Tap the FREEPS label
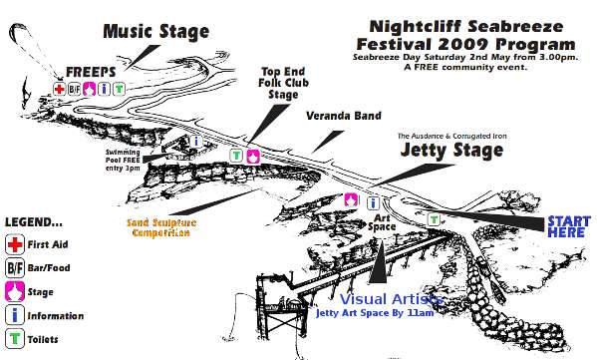(91, 73)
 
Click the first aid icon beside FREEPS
(60, 89)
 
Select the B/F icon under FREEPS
(74, 89)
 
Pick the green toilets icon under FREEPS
(119, 89)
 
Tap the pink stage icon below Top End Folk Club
(253, 156)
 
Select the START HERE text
(569, 226)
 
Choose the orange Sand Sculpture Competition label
(158, 226)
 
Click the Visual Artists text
(391, 299)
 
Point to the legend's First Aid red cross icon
(15, 244)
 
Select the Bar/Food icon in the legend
(15, 267)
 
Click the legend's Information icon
(15, 315)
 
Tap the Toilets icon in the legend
(15, 339)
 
